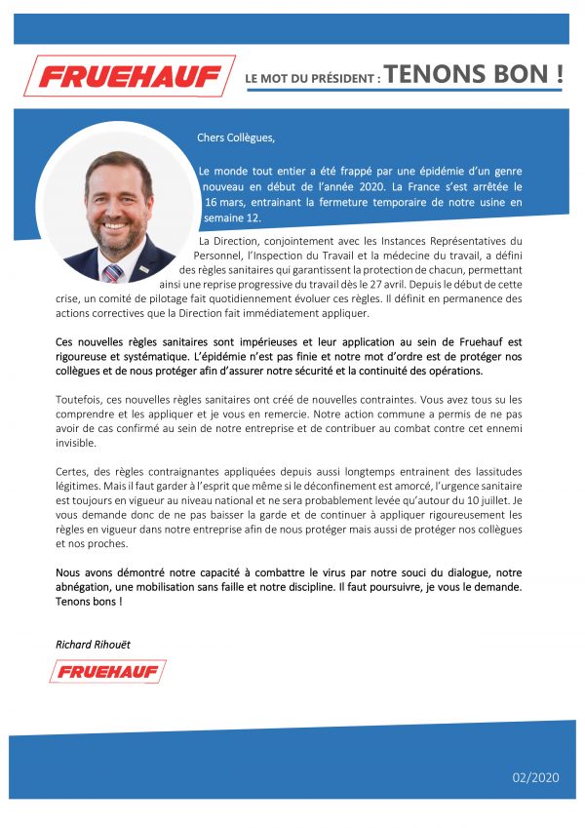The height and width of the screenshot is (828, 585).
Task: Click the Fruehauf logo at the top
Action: (x=129, y=75)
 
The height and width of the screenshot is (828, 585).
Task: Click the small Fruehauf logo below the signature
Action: (x=107, y=671)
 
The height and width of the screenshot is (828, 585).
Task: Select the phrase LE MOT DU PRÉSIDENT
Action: (x=312, y=77)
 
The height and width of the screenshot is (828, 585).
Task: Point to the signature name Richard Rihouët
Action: (x=94, y=645)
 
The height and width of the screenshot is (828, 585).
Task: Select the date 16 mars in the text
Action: (x=230, y=202)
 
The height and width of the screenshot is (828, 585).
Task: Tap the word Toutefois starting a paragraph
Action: (x=81, y=399)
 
